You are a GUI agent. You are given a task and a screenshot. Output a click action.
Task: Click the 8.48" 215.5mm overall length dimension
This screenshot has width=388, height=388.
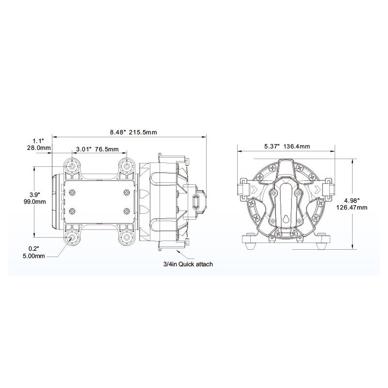point(133,132)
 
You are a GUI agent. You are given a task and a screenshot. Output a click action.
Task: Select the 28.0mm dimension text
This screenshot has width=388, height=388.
point(39,148)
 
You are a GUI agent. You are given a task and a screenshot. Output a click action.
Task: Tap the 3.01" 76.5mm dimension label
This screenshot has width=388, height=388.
point(97,149)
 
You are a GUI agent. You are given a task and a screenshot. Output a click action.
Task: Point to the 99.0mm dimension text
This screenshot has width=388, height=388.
point(34,202)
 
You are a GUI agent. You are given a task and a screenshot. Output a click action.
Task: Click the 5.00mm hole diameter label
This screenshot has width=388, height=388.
point(34,256)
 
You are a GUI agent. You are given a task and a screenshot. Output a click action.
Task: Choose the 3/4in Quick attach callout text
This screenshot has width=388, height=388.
point(188,264)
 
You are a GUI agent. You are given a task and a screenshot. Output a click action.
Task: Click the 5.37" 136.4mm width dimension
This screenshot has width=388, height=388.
point(287,146)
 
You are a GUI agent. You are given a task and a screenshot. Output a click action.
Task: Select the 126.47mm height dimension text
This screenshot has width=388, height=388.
point(352,208)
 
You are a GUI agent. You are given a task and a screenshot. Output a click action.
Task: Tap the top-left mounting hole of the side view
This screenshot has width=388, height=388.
point(72,166)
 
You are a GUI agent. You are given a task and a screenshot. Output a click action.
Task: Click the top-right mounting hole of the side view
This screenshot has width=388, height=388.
point(127,166)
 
